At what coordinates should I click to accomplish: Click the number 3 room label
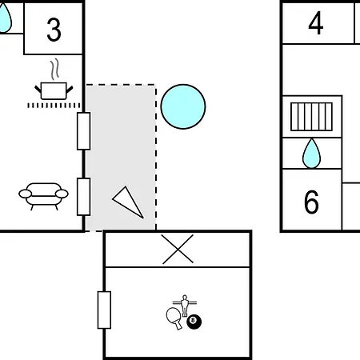tap(54, 30)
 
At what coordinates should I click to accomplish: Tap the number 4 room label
tap(316, 23)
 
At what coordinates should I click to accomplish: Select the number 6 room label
tap(311, 202)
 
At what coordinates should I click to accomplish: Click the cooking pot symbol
tap(54, 91)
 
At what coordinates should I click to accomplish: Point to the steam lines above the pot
tap(54, 70)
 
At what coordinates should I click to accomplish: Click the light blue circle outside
tap(183, 106)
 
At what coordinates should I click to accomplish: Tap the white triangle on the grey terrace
tap(128, 202)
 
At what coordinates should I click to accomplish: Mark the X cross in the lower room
tap(178, 249)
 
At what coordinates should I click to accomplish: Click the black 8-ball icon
tap(194, 322)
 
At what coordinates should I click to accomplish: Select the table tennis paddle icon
tap(174, 318)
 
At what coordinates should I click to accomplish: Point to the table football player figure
tap(185, 305)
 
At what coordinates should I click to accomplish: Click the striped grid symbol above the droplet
tap(311, 117)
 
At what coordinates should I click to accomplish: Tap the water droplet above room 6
tap(311, 154)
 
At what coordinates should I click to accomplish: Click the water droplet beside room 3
tap(5, 18)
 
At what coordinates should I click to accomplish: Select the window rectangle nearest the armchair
tap(84, 197)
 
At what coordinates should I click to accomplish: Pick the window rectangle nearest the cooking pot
tap(84, 131)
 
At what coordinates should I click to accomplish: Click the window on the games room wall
tap(104, 310)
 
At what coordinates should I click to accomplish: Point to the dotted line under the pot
tap(54, 106)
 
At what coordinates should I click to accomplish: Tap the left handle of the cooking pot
tap(38, 89)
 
